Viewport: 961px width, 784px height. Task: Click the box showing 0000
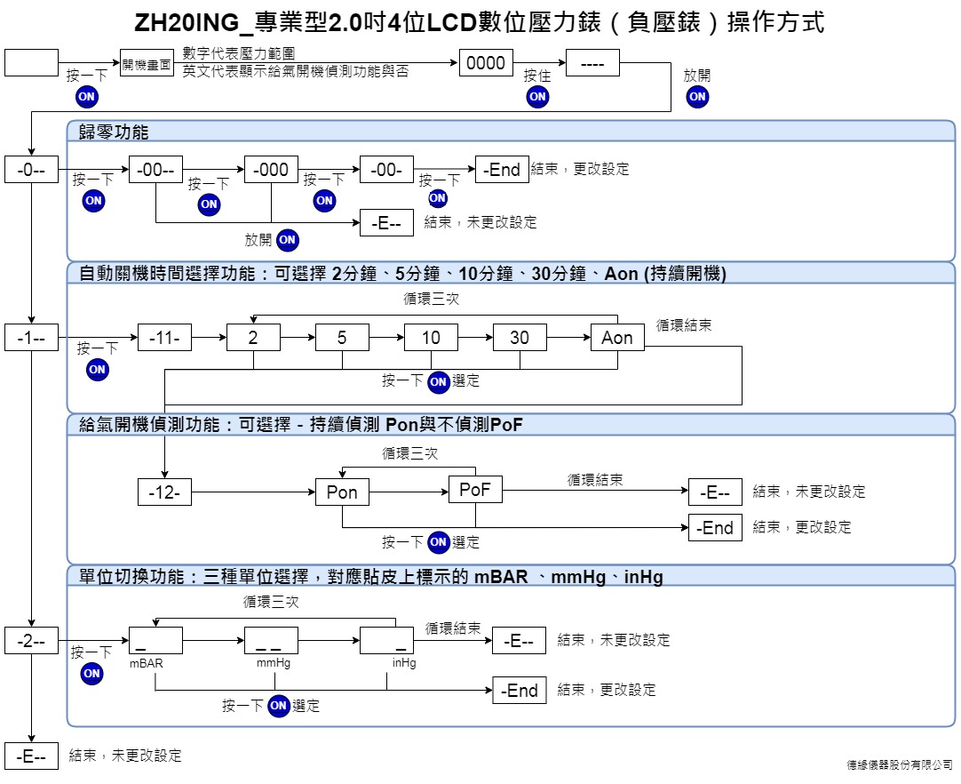coord(486,62)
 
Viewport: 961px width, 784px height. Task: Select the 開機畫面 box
coord(147,62)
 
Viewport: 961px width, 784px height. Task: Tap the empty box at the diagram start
coord(31,62)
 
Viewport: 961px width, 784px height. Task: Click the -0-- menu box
coord(31,169)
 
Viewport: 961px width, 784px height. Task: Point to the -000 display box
coord(271,169)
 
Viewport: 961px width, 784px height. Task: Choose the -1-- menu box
coord(31,338)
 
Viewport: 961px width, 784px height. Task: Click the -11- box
coord(164,338)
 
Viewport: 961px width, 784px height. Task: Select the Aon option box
coord(617,338)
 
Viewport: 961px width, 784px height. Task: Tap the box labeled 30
coord(520,338)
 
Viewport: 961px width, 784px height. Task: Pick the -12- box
coord(164,492)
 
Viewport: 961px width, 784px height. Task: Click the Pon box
coord(342,492)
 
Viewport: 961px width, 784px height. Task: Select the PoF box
coord(475,490)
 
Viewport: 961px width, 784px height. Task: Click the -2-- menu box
coord(31,641)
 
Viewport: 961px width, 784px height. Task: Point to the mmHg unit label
coord(274,663)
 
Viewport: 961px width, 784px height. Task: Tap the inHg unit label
coord(404,663)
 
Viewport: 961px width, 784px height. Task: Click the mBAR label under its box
coord(147,663)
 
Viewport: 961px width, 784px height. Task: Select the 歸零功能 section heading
coord(114,132)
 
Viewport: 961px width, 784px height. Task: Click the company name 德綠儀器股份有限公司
coord(900,765)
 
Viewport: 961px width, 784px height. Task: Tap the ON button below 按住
coord(537,96)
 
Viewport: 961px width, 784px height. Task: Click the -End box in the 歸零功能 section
coord(502,169)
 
